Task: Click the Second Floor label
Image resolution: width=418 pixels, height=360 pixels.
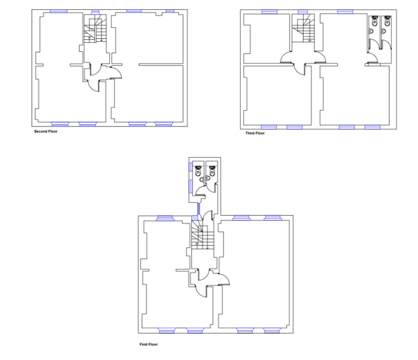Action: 45,132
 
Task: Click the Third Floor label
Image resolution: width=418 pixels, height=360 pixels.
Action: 255,133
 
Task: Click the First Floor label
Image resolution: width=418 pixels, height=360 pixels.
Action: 148,344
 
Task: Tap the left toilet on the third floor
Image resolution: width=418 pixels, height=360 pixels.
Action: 375,21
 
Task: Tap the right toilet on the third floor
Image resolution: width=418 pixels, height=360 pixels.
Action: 387,21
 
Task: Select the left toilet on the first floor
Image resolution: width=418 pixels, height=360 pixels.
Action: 198,171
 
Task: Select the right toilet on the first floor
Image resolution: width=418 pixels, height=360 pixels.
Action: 212,171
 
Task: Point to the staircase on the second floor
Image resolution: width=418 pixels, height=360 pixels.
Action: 95,29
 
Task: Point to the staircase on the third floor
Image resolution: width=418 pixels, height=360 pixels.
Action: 303,28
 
